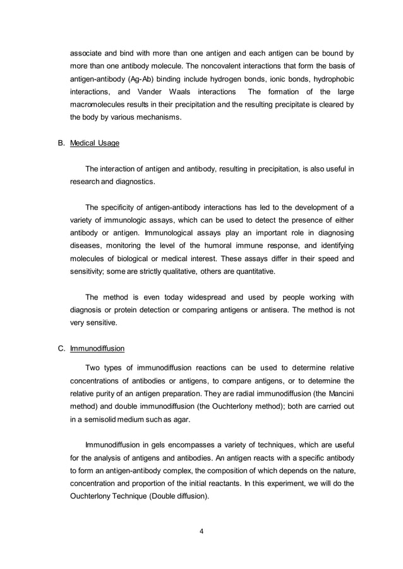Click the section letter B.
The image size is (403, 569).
tap(61, 143)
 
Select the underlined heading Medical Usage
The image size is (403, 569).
tap(94, 143)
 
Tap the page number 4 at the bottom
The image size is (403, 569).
tap(201, 531)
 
